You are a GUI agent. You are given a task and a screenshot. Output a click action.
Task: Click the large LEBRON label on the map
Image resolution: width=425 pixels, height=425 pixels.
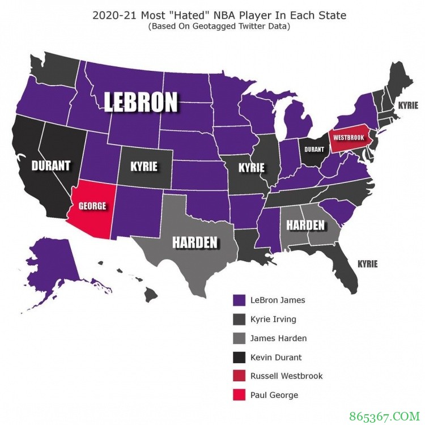coord(141,103)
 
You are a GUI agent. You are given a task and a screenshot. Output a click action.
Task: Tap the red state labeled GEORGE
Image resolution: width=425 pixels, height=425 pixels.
coord(92,206)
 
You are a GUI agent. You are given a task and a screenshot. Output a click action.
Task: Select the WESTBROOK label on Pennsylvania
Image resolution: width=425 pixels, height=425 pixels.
coord(348,137)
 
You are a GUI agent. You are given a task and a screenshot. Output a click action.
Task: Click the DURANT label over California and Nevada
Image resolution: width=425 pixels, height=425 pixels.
coord(50,166)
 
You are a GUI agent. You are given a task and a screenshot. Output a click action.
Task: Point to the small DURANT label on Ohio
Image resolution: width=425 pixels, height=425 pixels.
coord(313,150)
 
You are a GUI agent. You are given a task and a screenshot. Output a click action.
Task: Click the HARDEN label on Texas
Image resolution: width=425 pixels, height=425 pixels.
coord(195,243)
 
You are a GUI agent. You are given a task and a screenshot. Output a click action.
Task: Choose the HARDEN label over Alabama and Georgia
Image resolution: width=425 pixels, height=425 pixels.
coord(305,226)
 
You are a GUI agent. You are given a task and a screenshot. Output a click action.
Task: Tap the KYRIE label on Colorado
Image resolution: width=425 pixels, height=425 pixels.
coord(144,167)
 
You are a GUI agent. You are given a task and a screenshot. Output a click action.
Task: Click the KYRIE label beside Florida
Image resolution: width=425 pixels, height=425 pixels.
coord(367,263)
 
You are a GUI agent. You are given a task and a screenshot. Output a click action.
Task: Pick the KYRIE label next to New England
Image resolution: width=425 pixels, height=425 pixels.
coord(408,105)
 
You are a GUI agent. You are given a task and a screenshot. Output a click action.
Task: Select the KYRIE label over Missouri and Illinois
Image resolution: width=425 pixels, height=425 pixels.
coord(252,168)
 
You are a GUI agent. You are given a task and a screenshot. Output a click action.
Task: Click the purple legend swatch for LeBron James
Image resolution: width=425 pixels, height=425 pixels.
coord(239,300)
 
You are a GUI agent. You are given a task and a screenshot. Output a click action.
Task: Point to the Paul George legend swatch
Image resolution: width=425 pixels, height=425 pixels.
coord(239,395)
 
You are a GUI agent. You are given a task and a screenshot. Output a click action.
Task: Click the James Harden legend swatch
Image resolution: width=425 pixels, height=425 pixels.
coord(239,338)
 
